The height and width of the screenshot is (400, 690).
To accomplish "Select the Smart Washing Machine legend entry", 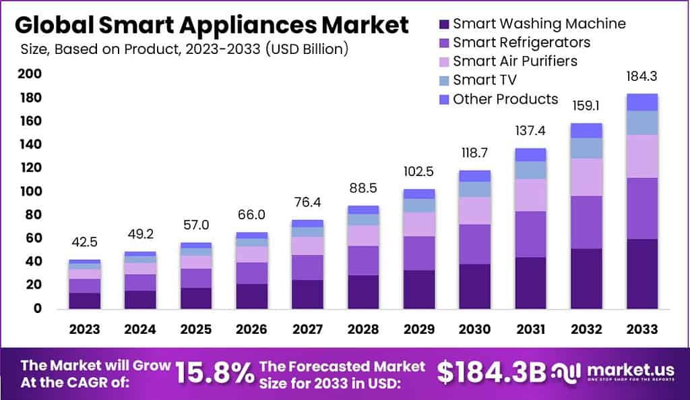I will coord(538,24).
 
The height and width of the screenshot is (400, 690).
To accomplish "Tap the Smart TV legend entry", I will coord(484,80).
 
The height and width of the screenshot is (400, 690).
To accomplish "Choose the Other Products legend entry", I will coord(505,99).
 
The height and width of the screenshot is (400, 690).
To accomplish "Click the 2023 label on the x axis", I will coord(84,329).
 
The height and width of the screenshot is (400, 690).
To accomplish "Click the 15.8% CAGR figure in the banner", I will coord(214,372).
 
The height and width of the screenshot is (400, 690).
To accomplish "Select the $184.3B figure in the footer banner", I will coord(491,372).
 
